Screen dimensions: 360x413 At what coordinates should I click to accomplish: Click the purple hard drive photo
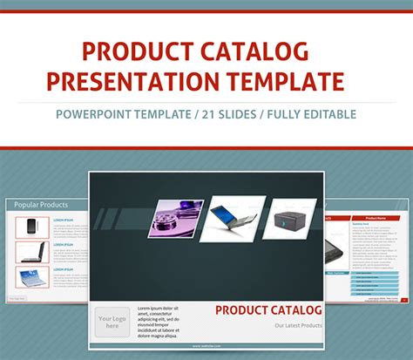(x=177, y=219)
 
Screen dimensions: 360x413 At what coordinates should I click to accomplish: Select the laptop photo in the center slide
(x=233, y=217)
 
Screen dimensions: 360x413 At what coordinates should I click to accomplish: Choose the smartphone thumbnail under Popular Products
(x=30, y=227)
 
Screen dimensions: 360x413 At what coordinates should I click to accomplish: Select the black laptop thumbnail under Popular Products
(x=30, y=252)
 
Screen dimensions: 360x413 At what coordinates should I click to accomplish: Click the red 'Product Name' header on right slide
(x=375, y=217)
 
